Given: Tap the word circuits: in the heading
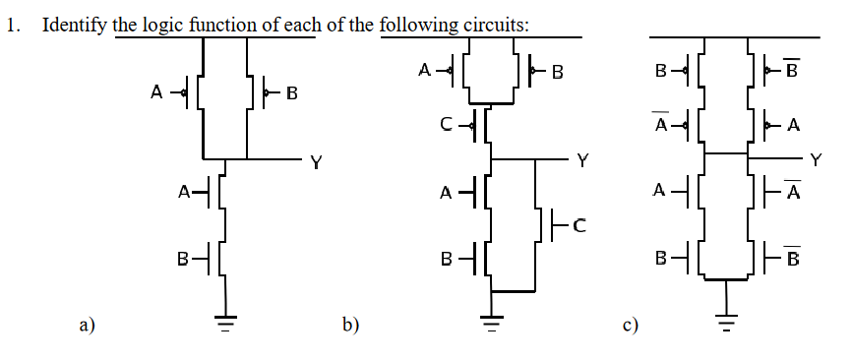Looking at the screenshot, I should [x=495, y=25].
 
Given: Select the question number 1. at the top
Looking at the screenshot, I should [x=14, y=26].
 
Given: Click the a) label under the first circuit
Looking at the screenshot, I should [x=87, y=324].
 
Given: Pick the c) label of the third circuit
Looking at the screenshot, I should [x=631, y=324].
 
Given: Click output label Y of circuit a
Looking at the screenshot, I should [x=315, y=162].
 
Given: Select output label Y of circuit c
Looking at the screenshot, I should [x=815, y=159].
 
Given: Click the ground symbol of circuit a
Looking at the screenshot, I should [x=227, y=320].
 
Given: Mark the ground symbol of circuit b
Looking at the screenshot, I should [x=489, y=320].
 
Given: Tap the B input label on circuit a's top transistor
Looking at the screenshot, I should [x=290, y=94].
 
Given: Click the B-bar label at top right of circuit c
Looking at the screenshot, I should [x=795, y=71].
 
